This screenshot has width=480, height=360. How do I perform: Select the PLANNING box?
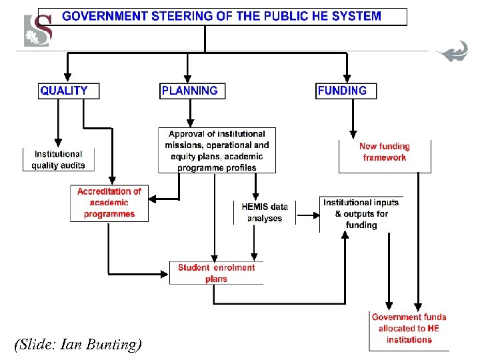192,91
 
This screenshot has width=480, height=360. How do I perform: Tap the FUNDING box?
345,91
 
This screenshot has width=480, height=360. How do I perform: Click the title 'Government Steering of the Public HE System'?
222,17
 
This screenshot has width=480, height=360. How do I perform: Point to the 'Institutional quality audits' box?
58,159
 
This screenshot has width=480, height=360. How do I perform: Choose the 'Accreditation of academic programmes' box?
109,203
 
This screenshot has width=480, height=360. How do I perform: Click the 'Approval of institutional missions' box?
217,151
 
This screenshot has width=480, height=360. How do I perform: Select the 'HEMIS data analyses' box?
265,213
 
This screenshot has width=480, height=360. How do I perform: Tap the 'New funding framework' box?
385,153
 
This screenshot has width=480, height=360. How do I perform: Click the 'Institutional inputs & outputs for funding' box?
361,213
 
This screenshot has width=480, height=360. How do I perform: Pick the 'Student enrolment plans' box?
216,273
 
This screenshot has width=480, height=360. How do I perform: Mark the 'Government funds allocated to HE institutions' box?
409,329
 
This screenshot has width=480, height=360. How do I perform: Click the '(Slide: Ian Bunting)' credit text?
78,345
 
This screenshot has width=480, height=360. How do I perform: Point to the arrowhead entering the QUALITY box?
67,78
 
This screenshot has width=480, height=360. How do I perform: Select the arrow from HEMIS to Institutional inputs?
306,214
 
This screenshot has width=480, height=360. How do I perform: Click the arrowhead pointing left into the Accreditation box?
153,199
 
